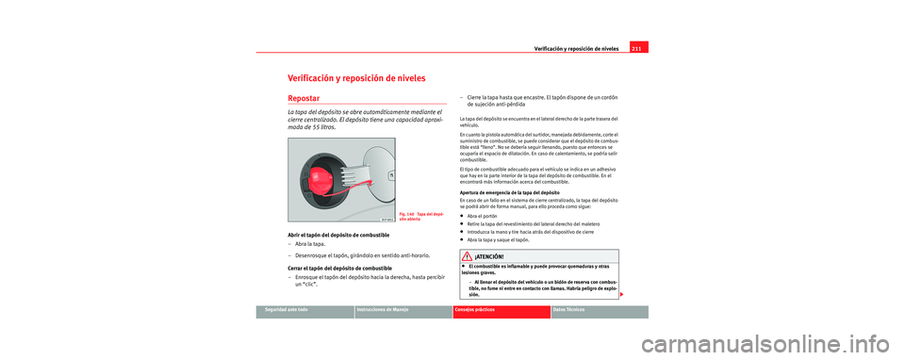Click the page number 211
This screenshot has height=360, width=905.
[x=637, y=48]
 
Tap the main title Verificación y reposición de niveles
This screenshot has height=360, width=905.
[x=359, y=77]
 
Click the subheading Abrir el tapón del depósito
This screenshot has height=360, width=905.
[x=342, y=234]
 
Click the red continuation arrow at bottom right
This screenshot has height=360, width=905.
[x=624, y=296]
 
